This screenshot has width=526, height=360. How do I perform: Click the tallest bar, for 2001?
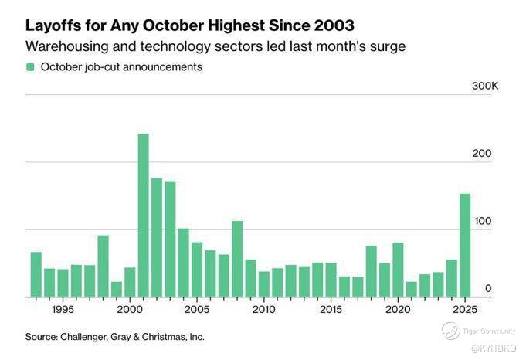(x=143, y=216)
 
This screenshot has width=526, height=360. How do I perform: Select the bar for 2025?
(x=466, y=245)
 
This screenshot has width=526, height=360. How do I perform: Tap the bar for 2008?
(x=237, y=259)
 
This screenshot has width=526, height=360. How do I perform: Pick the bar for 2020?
(x=399, y=270)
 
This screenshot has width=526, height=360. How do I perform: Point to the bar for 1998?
(x=103, y=266)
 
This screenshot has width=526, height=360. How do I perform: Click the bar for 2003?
(x=170, y=239)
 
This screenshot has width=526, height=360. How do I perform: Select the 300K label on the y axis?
(x=485, y=85)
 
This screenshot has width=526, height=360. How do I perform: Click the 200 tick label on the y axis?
(x=482, y=153)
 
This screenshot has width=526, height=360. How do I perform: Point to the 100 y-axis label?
(x=482, y=221)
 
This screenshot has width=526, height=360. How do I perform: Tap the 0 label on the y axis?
(x=488, y=288)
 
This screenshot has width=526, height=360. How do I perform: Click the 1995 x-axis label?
(x=63, y=310)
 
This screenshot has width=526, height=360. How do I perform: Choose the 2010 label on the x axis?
(x=264, y=310)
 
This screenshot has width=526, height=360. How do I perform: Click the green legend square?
(x=30, y=67)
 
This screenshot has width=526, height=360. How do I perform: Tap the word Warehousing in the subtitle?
(x=70, y=46)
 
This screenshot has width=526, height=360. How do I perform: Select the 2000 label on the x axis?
(x=130, y=310)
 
